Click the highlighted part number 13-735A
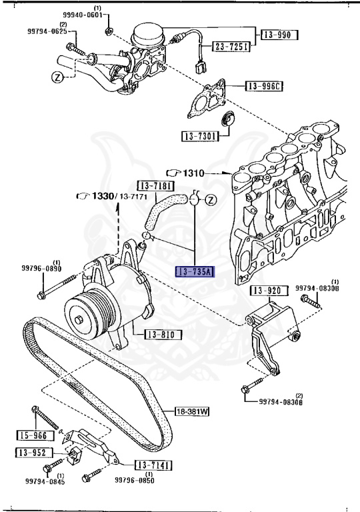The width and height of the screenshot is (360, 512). click(x=194, y=271)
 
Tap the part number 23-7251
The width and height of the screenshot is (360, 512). click(x=231, y=46)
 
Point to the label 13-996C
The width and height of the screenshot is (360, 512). click(x=264, y=86)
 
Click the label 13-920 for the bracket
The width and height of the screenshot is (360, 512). click(x=269, y=291)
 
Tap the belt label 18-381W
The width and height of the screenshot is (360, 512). click(x=193, y=411)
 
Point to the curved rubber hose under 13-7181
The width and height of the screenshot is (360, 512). click(x=161, y=211)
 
